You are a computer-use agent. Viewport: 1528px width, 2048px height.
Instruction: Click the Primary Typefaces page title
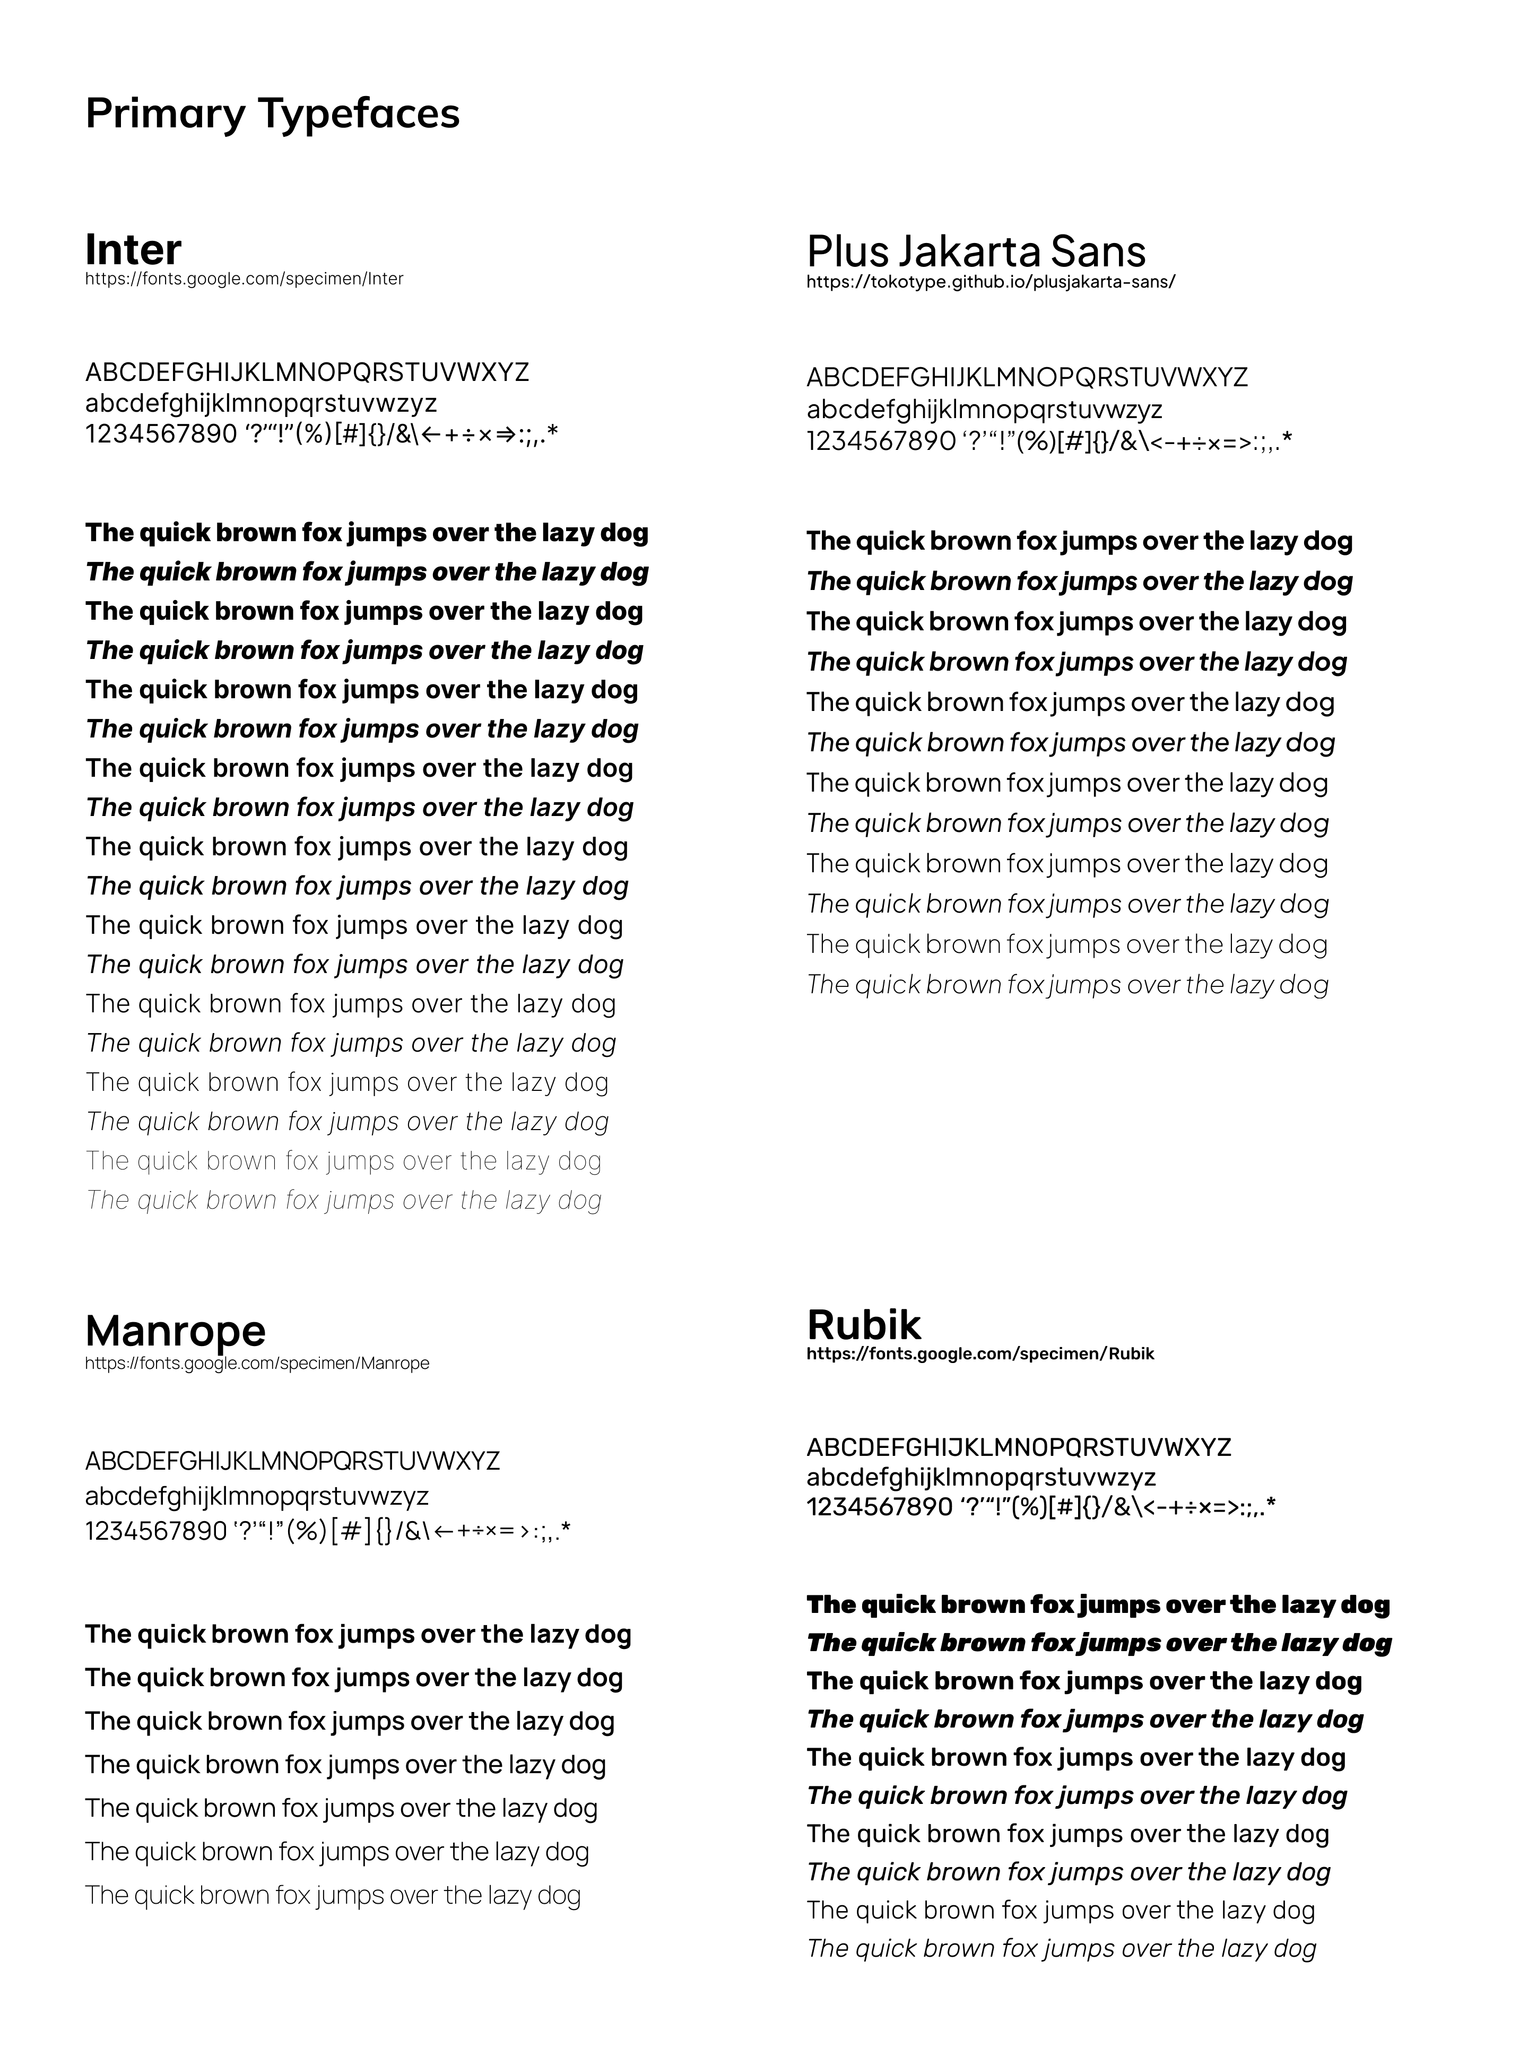(272, 114)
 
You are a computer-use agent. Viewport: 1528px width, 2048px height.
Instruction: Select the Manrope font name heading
(176, 1330)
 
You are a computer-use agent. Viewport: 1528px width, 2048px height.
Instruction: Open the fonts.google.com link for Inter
(244, 279)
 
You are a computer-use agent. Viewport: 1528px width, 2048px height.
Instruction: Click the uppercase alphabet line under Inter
(307, 372)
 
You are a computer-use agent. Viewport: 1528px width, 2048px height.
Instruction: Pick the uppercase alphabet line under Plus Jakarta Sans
(1027, 377)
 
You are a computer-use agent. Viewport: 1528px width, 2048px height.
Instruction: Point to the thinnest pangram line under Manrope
(333, 1895)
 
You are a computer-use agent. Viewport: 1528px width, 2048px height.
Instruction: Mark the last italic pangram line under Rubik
(1061, 1948)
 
